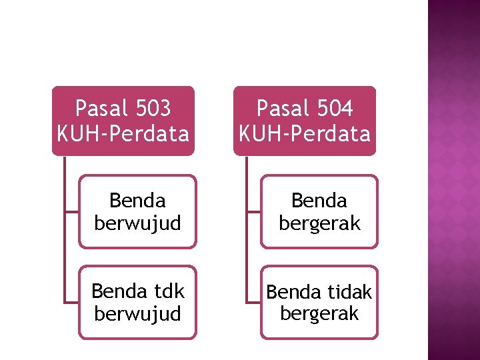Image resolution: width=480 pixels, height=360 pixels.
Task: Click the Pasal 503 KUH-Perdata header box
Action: (123, 121)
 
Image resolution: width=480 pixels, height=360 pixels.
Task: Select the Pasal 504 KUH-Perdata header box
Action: (305, 121)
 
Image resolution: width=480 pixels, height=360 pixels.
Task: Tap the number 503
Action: (152, 108)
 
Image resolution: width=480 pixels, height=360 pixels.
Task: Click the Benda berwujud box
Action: (137, 211)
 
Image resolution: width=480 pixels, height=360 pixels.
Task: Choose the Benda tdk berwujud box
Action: (137, 302)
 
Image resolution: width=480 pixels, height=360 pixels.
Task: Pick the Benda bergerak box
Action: (319, 211)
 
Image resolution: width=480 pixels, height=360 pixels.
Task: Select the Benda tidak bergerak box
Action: (319, 302)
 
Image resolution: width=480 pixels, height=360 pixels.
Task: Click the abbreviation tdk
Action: (169, 291)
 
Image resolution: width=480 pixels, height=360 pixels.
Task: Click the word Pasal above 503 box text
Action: (98, 108)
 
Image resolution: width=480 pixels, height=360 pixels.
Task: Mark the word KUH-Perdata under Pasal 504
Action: (305, 134)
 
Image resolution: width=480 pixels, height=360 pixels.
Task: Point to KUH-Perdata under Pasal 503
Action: (123, 134)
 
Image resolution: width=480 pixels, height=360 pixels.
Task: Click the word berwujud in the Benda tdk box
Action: (137, 313)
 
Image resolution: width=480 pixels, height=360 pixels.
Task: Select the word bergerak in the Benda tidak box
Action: (319, 313)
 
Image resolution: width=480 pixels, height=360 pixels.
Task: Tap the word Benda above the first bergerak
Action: (319, 201)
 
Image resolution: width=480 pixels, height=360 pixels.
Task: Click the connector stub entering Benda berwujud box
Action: (71, 211)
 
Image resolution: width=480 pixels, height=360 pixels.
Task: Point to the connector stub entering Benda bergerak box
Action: (253, 211)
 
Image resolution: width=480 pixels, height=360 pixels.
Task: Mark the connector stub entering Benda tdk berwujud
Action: (71, 302)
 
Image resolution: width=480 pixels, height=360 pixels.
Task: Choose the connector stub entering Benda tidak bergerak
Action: (253, 302)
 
